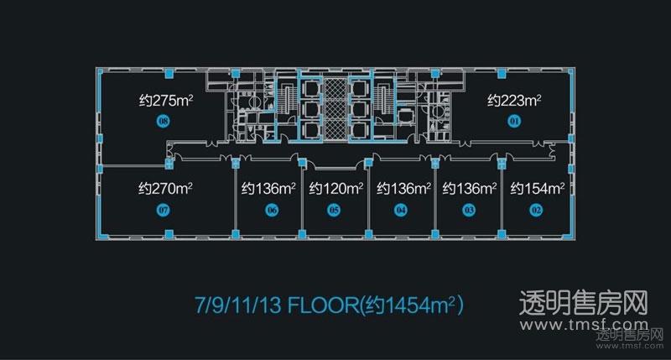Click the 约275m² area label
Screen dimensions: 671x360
[166, 101]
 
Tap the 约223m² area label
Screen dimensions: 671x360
[514, 101]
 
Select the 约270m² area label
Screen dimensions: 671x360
[165, 188]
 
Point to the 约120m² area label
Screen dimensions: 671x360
[336, 188]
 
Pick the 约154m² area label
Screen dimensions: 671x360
[538, 188]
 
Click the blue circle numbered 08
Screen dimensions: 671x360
[163, 122]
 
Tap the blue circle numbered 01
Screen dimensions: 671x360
[514, 122]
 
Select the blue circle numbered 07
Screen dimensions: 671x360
[163, 210]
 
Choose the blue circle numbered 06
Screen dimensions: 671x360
[272, 210]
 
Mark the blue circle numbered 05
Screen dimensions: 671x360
[334, 210]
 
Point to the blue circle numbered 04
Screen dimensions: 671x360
[401, 210]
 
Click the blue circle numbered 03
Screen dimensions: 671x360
[469, 210]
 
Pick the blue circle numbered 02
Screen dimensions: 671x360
[536, 210]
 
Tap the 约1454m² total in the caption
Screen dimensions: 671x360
[412, 305]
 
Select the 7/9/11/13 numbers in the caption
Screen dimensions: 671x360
[238, 305]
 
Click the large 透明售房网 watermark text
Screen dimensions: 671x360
[584, 303]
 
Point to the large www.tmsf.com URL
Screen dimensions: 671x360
[585, 325]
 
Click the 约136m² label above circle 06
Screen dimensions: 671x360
[268, 188]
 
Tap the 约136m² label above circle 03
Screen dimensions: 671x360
[470, 188]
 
